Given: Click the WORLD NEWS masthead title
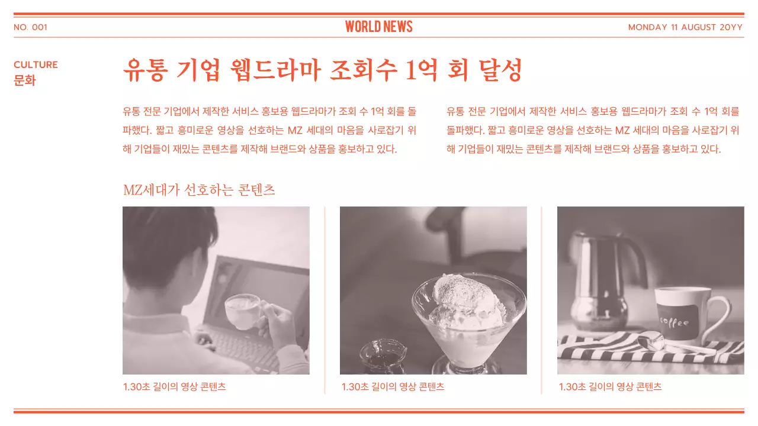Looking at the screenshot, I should pyautogui.click(x=378, y=27).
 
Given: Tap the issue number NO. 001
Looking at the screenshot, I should pyautogui.click(x=30, y=27).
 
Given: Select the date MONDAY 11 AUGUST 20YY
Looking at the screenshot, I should pyautogui.click(x=685, y=27).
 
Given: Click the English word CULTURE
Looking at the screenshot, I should pyautogui.click(x=36, y=64).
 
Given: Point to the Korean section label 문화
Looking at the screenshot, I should pyautogui.click(x=24, y=80).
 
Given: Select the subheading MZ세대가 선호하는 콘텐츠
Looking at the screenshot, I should pyautogui.click(x=199, y=190).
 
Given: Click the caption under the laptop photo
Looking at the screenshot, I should pyautogui.click(x=174, y=387).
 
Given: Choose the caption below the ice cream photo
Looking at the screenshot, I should pyautogui.click(x=392, y=387).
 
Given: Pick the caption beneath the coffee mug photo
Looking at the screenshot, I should pyautogui.click(x=610, y=387).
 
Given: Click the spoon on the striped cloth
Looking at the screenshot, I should pyautogui.click(x=657, y=343).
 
